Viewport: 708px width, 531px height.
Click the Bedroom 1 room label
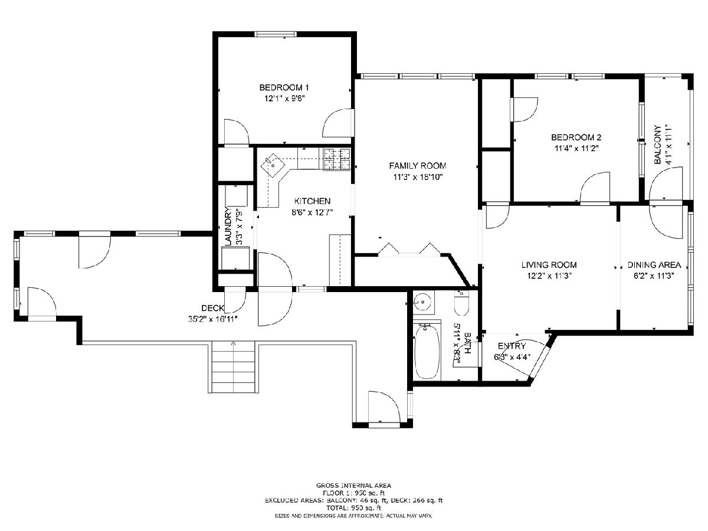pyautogui.click(x=284, y=87)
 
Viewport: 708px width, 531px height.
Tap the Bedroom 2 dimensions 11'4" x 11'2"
pyautogui.click(x=576, y=148)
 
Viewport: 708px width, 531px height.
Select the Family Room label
pyautogui.click(x=417, y=166)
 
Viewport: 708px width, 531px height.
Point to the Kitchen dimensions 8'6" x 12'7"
pyautogui.click(x=312, y=212)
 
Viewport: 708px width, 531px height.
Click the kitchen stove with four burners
pyautogui.click(x=337, y=159)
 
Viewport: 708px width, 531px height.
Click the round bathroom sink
pyautogui.click(x=423, y=301)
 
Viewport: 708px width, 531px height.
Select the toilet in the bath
pyautogui.click(x=461, y=304)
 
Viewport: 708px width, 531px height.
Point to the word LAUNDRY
pyautogui.click(x=228, y=226)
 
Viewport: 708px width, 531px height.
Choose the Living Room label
pyautogui.click(x=549, y=265)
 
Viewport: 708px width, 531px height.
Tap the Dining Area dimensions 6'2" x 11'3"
pyautogui.click(x=654, y=276)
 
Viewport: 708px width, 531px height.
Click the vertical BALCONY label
pyautogui.click(x=657, y=144)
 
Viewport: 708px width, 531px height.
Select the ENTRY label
pyautogui.click(x=512, y=346)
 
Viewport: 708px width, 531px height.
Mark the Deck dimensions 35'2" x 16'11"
pyautogui.click(x=213, y=319)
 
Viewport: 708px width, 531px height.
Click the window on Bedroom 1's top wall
pyautogui.click(x=275, y=34)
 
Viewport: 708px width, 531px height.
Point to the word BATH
pyautogui.click(x=467, y=343)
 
